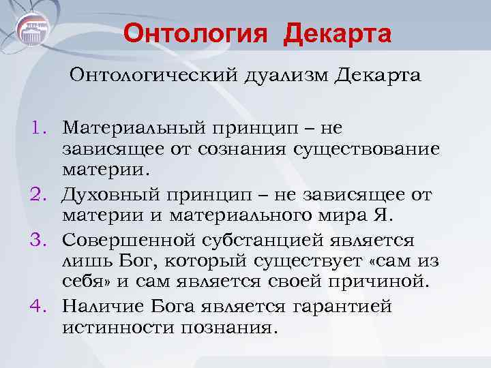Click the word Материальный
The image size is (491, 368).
(x=130, y=127)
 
